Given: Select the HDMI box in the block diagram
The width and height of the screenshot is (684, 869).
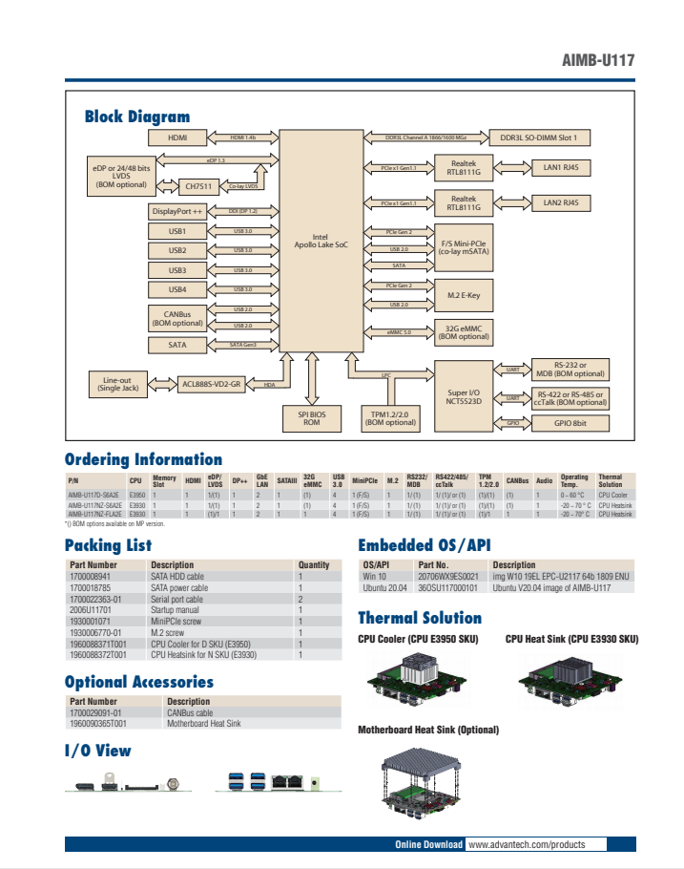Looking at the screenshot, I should click(x=177, y=138).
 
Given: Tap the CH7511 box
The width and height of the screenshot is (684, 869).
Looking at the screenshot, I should click(x=199, y=185).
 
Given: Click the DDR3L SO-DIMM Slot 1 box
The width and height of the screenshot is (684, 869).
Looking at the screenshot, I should click(x=541, y=138).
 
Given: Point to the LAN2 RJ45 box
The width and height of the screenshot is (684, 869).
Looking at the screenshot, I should click(x=567, y=202).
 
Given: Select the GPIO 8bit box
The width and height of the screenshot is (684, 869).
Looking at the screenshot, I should click(x=570, y=422).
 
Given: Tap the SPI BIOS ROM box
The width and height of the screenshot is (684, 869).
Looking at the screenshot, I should click(x=312, y=417).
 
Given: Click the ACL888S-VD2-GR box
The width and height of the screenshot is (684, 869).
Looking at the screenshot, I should click(x=212, y=385).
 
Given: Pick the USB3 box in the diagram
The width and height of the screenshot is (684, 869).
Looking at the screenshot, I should click(x=177, y=270).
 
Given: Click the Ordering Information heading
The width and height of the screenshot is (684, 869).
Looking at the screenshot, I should click(x=143, y=459).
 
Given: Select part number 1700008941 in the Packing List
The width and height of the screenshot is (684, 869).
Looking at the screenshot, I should click(x=91, y=577).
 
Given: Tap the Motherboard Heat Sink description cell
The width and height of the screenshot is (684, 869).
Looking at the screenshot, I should click(x=204, y=724).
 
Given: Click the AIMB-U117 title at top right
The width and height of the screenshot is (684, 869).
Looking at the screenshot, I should click(x=598, y=61).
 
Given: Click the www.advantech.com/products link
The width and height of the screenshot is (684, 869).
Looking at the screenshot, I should click(x=525, y=845).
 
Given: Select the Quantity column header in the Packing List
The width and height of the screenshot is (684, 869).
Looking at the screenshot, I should click(x=314, y=565).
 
